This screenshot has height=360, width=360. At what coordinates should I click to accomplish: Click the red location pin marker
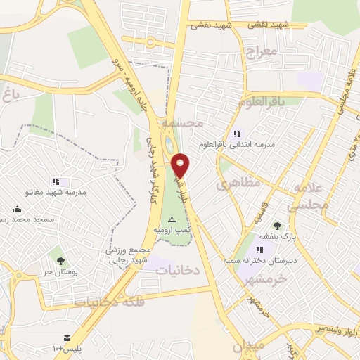[x=181, y=165]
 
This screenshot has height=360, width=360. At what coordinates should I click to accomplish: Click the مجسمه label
[x=182, y=123]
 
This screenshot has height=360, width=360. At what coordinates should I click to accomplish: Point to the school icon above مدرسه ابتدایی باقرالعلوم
[x=237, y=134]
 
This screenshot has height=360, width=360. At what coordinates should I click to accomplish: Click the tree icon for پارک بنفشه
[x=278, y=226]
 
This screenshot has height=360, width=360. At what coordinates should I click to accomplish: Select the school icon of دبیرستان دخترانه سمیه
[x=259, y=249]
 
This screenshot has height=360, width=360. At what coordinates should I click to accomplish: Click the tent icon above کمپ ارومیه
[x=172, y=220]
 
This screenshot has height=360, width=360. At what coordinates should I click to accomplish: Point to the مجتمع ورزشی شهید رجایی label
[x=131, y=254]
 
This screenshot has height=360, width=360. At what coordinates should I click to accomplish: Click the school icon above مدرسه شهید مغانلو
[x=56, y=181]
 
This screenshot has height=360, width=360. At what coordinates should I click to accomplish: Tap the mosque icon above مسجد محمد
[x=17, y=209]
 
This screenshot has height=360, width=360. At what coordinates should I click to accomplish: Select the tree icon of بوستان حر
[x=60, y=260]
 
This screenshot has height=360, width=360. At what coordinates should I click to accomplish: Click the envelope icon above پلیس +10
[x=67, y=338]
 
